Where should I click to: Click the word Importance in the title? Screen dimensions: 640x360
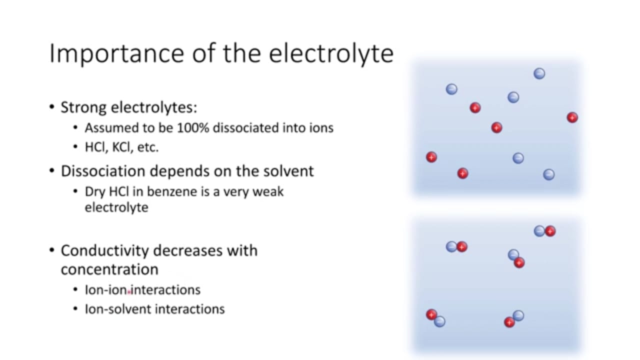click(117, 53)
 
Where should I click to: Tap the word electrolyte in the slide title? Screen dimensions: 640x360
click(331, 53)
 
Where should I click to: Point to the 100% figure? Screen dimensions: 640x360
click(193, 127)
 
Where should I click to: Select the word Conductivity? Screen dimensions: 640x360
click(104, 251)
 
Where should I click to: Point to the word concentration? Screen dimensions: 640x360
click(109, 269)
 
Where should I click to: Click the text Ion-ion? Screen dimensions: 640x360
click(105, 290)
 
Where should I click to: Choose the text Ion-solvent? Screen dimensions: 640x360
click(118, 309)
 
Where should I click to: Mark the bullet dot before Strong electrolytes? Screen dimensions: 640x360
click(51, 107)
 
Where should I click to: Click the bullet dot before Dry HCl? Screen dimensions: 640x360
click(75, 191)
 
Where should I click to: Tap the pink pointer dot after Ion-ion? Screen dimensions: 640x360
click(129, 292)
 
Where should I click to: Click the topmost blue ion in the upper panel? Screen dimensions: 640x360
click(539, 73)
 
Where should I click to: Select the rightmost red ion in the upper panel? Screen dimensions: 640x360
click(572, 117)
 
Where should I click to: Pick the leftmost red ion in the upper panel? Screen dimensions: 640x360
click(431, 157)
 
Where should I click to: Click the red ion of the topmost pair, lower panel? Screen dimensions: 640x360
click(550, 231)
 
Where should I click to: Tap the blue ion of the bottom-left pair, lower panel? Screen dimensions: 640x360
click(439, 321)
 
